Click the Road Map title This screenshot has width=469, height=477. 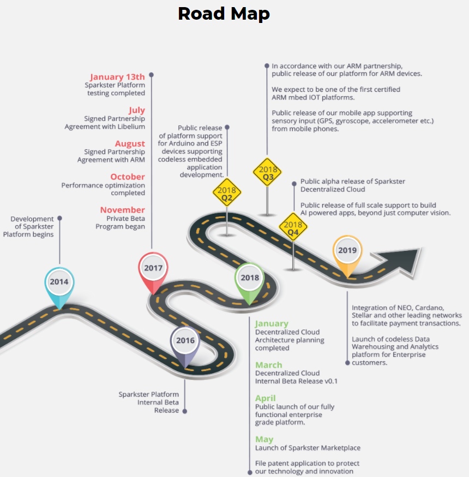pyautogui.click(x=224, y=14)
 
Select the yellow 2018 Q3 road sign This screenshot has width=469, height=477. pyautogui.click(x=267, y=173)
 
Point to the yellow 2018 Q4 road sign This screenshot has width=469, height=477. pyautogui.click(x=293, y=228)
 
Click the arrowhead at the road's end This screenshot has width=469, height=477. pyautogui.click(x=404, y=257)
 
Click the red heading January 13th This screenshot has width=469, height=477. pyautogui.click(x=117, y=77)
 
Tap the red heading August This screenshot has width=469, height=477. pyautogui.click(x=130, y=144)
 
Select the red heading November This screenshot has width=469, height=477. pyautogui.click(x=122, y=210)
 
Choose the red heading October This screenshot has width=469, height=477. pyautogui.click(x=128, y=176)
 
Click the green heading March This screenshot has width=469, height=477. pyautogui.click(x=269, y=365)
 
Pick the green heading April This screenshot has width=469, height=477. pyautogui.click(x=266, y=398)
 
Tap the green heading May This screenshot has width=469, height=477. pyautogui.click(x=264, y=439)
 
